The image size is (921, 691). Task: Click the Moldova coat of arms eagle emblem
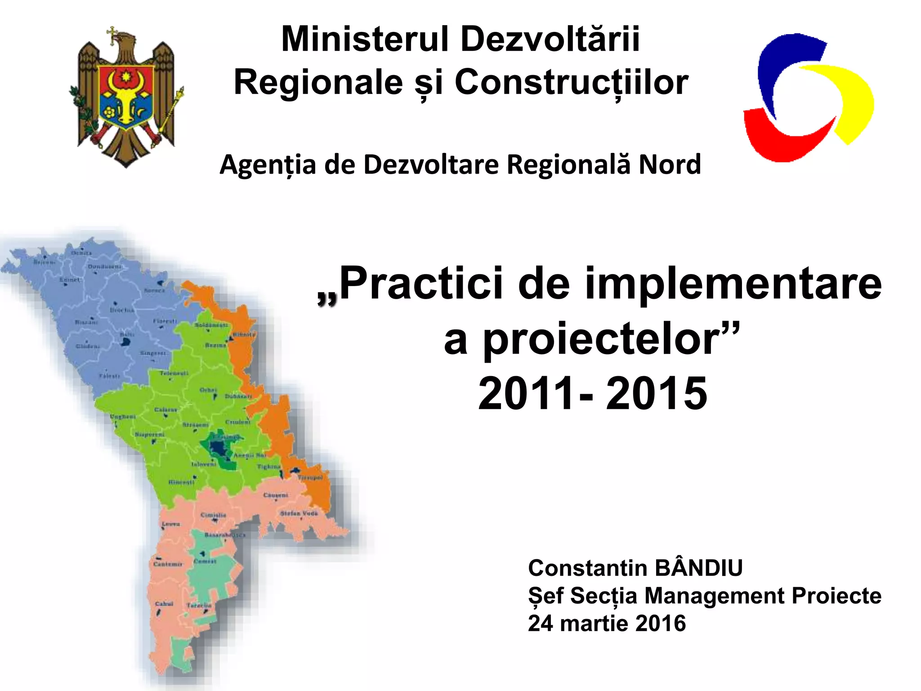pos(126,97)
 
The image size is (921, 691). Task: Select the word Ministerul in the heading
pos(365,39)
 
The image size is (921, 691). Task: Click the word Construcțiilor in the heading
pos(571,83)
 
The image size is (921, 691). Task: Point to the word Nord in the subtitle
pos(670,164)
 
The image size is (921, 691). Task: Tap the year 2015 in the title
pos(657,394)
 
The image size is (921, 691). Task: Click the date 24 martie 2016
pos(607,624)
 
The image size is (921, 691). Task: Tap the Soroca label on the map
pos(154,291)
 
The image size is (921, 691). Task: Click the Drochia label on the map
pos(122,310)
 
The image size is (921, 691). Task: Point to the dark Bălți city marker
pos(125,342)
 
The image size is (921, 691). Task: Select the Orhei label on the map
pos(208,390)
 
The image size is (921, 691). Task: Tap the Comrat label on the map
pos(205,561)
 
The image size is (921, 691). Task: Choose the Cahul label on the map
pos(164,604)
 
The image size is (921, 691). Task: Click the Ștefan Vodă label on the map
pos(299,513)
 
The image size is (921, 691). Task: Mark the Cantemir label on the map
pos(168,564)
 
